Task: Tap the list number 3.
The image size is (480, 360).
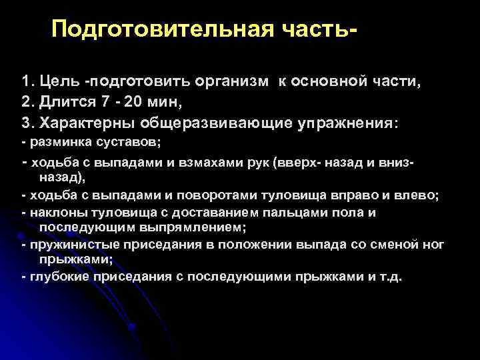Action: click(25, 124)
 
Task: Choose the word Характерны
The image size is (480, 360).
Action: click(86, 124)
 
